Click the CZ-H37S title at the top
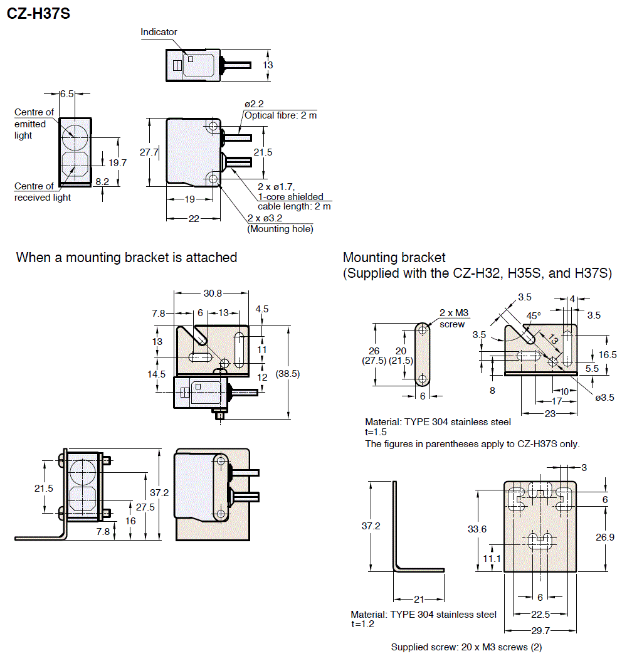(x=38, y=13)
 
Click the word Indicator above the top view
(x=159, y=32)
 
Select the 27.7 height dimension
(x=149, y=152)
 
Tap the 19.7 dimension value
(x=117, y=162)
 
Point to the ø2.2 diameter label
(x=254, y=104)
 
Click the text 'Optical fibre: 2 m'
(x=280, y=115)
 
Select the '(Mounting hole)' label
(x=280, y=229)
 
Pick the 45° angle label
(x=533, y=316)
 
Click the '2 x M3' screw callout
(x=454, y=313)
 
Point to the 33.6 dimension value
(x=477, y=529)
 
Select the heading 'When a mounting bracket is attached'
(x=127, y=257)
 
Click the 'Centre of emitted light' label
(x=33, y=124)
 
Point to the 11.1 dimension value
(x=492, y=558)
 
